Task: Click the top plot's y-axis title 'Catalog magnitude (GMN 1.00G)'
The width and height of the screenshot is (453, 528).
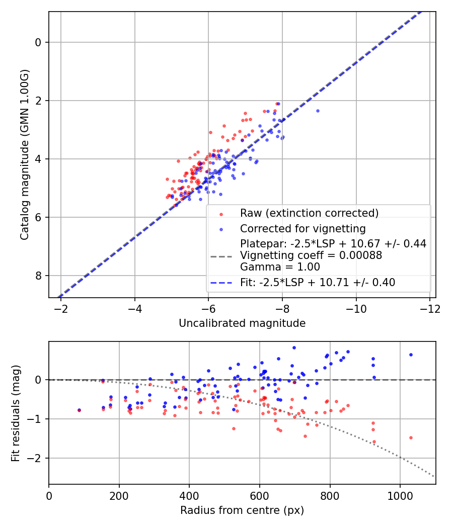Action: [24, 154]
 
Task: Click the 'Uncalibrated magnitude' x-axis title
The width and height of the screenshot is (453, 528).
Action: [242, 323]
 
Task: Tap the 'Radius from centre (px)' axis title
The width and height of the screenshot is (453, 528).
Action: [242, 510]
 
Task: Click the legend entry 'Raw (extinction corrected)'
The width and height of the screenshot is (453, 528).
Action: [309, 213]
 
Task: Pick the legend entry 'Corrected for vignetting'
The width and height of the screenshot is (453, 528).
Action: [302, 228]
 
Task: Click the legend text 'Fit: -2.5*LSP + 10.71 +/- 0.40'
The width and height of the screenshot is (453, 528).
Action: [318, 283]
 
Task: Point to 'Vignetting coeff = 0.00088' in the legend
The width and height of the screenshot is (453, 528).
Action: [311, 255]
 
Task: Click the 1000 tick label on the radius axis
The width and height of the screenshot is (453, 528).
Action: [400, 495]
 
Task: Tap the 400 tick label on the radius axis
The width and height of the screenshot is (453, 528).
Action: [189, 495]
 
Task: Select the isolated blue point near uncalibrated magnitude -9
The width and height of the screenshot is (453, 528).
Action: [318, 111]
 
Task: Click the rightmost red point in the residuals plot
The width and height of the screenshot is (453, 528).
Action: [411, 437]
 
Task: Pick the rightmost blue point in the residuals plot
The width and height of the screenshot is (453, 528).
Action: [411, 355]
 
